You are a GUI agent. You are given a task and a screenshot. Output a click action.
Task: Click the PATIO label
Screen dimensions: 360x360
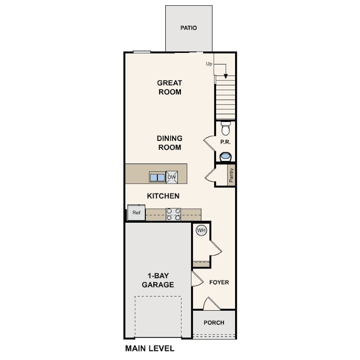[x=188, y=28]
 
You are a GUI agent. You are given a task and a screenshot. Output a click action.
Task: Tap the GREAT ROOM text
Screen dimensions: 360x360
[x=170, y=87]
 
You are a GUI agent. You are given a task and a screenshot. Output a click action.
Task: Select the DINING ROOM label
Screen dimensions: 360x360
[x=170, y=143]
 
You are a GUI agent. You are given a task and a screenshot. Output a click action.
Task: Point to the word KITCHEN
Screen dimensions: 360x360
[x=163, y=196]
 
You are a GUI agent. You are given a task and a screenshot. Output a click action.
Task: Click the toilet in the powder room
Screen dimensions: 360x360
[x=226, y=128]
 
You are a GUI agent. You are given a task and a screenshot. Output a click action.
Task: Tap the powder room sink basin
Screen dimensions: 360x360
[x=226, y=157]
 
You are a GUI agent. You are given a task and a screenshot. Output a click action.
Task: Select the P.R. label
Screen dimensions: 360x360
[x=225, y=142]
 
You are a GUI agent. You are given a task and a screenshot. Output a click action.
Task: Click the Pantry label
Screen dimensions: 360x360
[x=231, y=175]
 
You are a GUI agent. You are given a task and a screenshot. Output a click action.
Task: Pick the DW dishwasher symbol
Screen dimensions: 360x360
[x=172, y=177]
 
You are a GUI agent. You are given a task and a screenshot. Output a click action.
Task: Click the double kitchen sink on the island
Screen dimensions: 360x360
[x=157, y=177]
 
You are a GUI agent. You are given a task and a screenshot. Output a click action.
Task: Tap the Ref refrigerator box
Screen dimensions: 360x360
[x=136, y=212]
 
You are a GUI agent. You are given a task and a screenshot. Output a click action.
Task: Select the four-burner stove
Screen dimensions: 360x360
[x=173, y=214]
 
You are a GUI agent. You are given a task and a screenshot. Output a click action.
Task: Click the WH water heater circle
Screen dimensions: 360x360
[x=201, y=230]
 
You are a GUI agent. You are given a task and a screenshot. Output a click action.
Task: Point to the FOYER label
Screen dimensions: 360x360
[x=219, y=282]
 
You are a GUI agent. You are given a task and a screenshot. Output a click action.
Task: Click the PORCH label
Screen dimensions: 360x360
[x=214, y=323]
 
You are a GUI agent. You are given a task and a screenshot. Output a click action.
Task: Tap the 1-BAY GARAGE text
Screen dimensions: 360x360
[x=158, y=280]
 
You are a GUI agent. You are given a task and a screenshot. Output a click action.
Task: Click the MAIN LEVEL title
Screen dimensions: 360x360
[x=150, y=348]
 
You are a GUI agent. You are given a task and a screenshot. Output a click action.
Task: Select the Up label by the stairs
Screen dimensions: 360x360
[x=209, y=64]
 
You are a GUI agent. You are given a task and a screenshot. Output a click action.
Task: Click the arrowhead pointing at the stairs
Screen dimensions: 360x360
[x=226, y=76]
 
